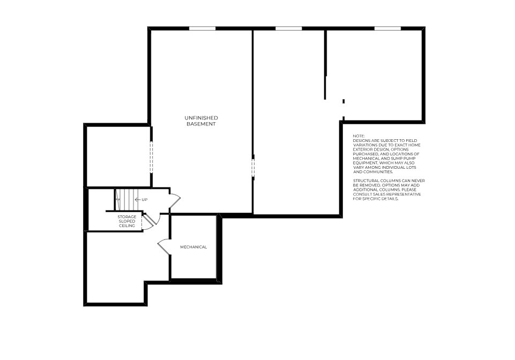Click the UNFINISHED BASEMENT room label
(201, 121)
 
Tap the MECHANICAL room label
(193, 247)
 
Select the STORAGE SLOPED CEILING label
(127, 221)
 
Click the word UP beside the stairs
(145, 200)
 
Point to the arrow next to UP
(137, 200)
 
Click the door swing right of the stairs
(175, 201)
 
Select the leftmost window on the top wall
(202, 28)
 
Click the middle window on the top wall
(289, 28)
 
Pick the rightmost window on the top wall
(387, 28)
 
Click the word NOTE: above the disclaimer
(359, 137)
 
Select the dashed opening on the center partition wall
(253, 166)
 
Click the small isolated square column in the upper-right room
(344, 101)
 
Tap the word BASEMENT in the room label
(201, 124)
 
